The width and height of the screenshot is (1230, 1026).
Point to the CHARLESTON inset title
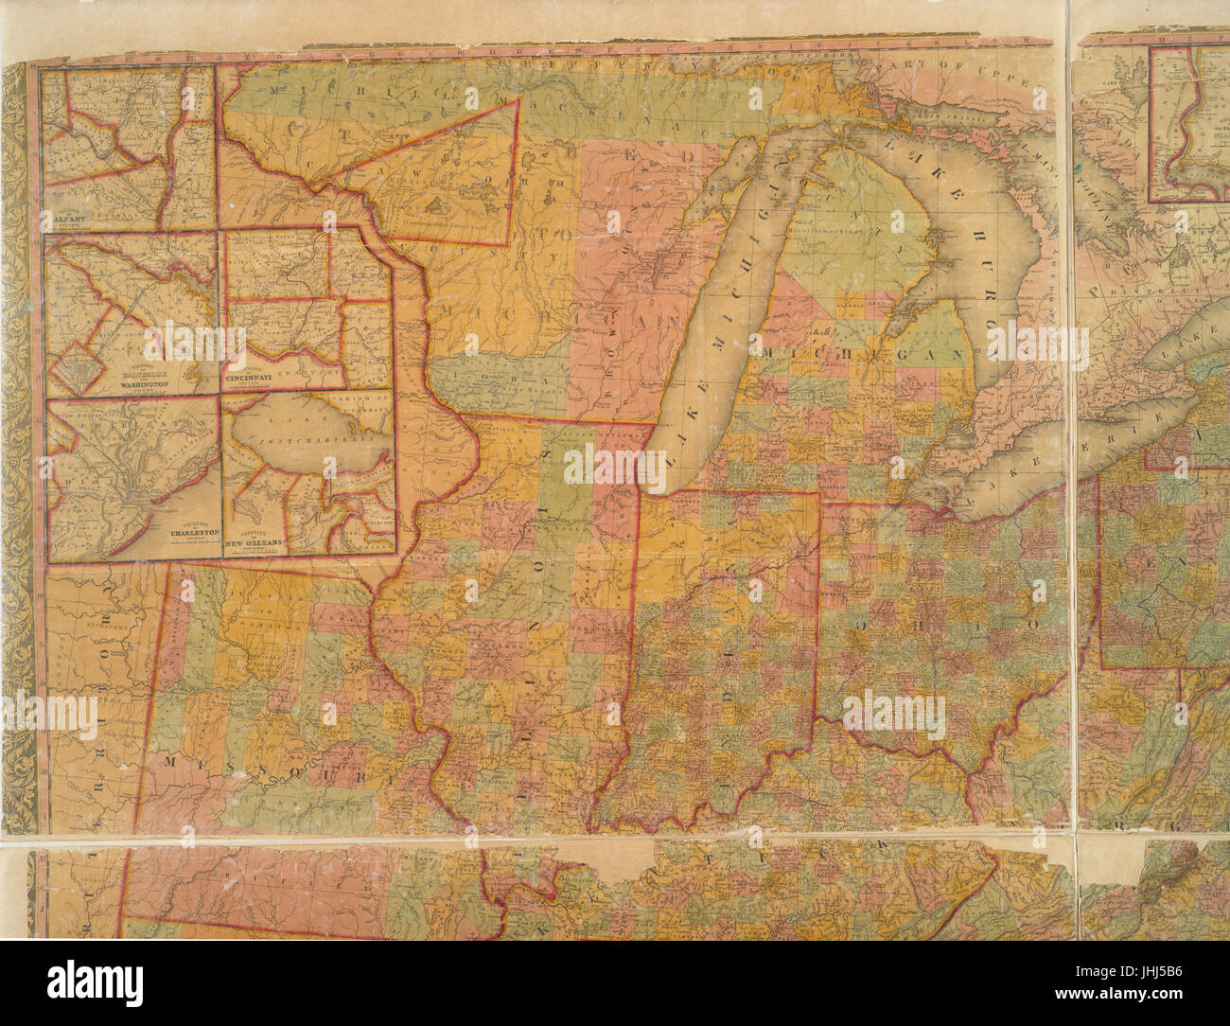194,533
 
